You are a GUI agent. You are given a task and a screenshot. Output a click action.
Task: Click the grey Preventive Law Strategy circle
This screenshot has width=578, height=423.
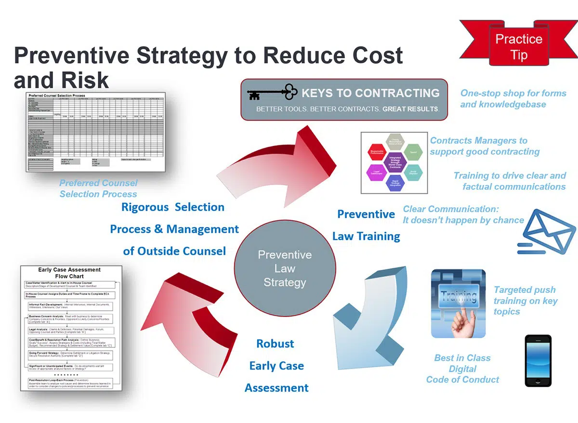284,268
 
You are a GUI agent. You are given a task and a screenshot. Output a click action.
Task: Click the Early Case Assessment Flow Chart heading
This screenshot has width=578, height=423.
69,273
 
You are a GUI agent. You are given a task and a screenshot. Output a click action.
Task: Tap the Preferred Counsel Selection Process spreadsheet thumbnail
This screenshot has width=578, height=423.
95,133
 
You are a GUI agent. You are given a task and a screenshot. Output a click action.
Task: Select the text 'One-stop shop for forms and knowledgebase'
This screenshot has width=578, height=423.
512,99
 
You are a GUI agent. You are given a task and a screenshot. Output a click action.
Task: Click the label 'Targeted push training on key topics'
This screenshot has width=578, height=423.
525,301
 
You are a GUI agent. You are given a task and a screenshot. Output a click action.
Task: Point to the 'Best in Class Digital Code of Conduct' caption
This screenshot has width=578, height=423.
462,369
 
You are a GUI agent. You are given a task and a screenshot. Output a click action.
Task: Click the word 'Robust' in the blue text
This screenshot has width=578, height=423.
275,344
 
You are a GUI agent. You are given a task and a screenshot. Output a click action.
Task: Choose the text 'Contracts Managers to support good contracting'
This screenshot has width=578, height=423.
484,146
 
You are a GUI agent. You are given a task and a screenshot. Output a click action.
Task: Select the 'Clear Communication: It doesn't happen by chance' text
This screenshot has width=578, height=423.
463,214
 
